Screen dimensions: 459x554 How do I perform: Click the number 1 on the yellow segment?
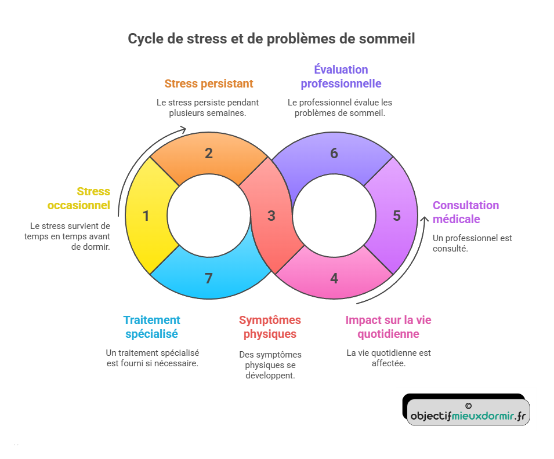click(x=146, y=216)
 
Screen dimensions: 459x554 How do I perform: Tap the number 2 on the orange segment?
click(x=209, y=154)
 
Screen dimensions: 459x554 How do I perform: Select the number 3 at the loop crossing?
click(x=271, y=216)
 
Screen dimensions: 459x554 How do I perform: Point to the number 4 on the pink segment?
click(x=334, y=279)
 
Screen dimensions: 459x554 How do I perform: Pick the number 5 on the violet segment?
click(x=397, y=216)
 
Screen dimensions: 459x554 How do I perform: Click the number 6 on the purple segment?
click(x=334, y=154)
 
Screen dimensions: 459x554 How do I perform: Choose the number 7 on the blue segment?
click(x=209, y=279)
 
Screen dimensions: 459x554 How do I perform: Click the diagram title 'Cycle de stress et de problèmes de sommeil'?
click(x=271, y=39)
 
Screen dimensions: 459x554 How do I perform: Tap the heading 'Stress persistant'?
click(x=209, y=83)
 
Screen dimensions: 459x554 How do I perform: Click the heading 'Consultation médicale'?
click(x=465, y=212)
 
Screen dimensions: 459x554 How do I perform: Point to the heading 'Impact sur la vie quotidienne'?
click(x=388, y=327)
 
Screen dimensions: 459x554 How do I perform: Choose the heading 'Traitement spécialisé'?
click(x=151, y=327)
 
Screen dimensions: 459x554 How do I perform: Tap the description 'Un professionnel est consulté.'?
click(x=472, y=243)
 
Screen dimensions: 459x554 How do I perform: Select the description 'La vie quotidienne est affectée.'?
click(x=388, y=358)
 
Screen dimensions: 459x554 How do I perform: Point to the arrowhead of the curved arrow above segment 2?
click(x=184, y=129)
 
